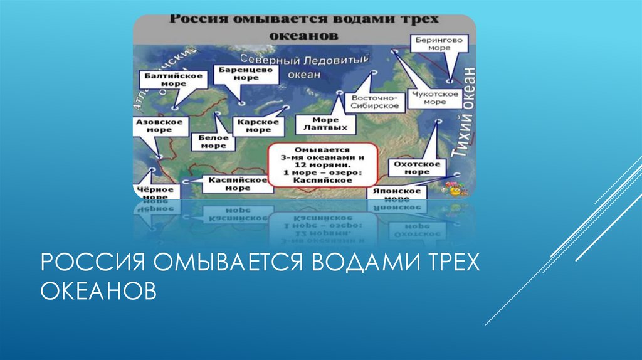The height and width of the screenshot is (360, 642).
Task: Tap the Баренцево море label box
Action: pos(238,74)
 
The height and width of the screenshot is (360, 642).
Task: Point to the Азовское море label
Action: pos(159,125)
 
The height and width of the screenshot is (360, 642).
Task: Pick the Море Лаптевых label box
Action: pos(325,124)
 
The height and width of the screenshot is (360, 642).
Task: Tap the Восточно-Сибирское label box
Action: pos(376,102)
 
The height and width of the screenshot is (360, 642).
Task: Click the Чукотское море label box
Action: pos(434,98)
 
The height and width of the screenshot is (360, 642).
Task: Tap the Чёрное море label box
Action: pos(150,192)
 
